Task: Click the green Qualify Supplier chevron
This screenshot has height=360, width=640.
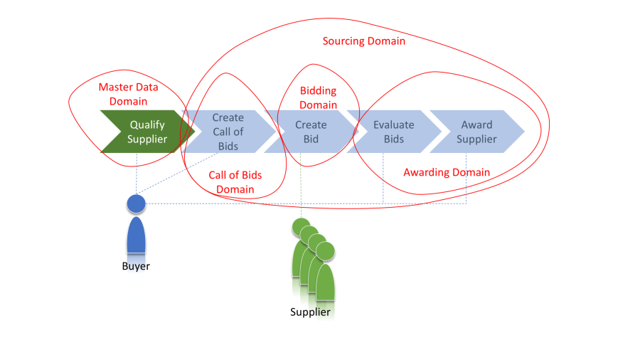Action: pos(146,132)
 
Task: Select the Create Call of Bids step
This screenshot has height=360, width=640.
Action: pos(228,132)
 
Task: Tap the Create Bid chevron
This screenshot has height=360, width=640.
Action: pos(311,132)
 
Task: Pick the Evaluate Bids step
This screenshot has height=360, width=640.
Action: pos(393,132)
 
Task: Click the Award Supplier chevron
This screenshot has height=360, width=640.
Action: pos(476,132)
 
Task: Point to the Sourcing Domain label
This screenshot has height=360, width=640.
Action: pos(364,41)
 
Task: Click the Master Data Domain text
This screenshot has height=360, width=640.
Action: pos(128,95)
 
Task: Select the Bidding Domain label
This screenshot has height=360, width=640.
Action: pos(318,98)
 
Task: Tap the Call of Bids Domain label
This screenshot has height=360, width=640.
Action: pos(235,182)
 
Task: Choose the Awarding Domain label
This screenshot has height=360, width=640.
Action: pos(447,172)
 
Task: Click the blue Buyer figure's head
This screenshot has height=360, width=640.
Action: pos(136,204)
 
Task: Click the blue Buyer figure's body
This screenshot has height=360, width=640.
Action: pos(136,235)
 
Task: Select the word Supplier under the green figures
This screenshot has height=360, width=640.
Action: pos(310,312)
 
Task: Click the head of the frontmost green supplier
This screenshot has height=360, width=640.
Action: pos(325,251)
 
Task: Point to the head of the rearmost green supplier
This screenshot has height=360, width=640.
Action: pos(301,227)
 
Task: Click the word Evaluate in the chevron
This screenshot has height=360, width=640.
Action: pos(393,125)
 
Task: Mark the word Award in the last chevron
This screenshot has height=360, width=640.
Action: pos(476,125)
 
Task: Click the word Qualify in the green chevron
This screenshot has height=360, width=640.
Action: pos(147,125)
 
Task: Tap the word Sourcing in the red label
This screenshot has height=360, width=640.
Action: pos(343,41)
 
